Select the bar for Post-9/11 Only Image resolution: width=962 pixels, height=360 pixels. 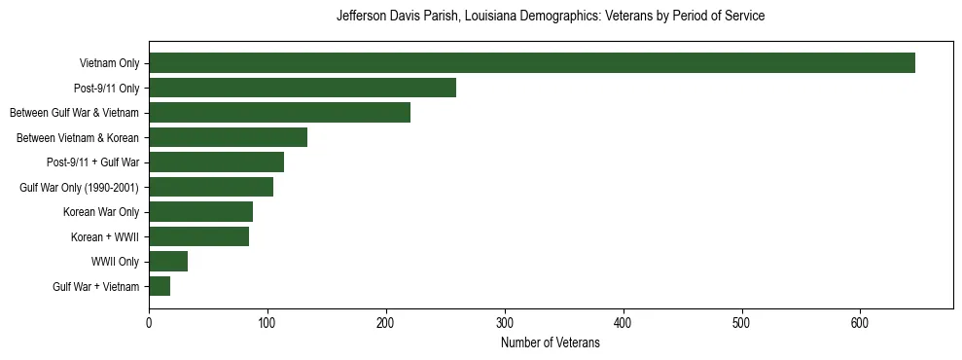pos(303,88)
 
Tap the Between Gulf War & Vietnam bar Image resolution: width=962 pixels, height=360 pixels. pos(279,113)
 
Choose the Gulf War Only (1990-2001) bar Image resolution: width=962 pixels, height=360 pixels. pos(211,187)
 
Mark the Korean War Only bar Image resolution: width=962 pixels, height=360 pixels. pos(200,212)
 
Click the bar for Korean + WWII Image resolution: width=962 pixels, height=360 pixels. pos(198,236)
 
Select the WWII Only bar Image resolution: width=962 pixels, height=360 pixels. pos(168,262)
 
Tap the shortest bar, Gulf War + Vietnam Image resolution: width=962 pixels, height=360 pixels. pos(160,286)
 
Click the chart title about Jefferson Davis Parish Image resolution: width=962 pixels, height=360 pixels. pos(550,17)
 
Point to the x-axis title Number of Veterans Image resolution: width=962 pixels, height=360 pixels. pos(550,343)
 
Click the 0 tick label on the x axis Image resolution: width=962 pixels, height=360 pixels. pos(149,323)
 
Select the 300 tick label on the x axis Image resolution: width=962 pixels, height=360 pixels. pos(505,323)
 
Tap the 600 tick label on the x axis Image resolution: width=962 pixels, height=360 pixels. pos(860,323)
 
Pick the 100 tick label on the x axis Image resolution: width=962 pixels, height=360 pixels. pos(267,323)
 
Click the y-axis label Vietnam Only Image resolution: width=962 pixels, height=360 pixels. pos(109,64)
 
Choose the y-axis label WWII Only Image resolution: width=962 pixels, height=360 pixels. pos(115,262)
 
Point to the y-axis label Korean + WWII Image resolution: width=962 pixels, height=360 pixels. pos(105,237)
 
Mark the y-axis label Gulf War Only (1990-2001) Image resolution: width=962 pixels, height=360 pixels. pos(79,188)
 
